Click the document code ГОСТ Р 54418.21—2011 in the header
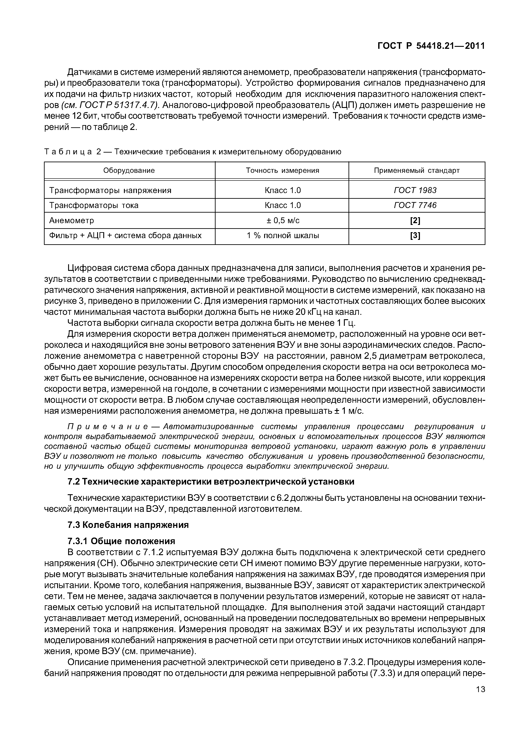(x=431, y=46)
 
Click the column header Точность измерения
(x=282, y=171)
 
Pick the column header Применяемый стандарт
(x=417, y=171)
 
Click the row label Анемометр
(x=71, y=220)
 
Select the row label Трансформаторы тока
(x=94, y=205)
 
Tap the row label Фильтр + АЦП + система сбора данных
(x=125, y=235)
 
